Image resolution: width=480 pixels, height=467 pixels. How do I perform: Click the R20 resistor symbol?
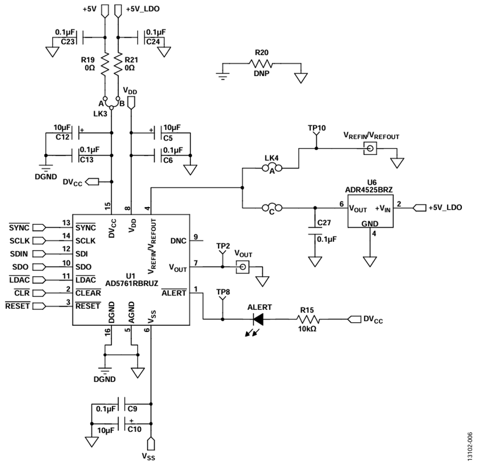click(x=261, y=63)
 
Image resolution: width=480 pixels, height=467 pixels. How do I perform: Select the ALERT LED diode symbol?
click(x=258, y=319)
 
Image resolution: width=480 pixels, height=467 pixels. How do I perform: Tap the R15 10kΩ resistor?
click(x=308, y=319)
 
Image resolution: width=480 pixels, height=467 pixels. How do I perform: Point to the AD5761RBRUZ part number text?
click(x=132, y=284)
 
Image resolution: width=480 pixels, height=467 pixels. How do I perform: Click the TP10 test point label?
click(x=317, y=128)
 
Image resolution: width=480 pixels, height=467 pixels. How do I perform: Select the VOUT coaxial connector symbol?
click(x=243, y=267)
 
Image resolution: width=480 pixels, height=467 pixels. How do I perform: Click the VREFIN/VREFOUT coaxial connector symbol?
click(x=370, y=149)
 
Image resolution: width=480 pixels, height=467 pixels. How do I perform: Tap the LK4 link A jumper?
click(x=272, y=168)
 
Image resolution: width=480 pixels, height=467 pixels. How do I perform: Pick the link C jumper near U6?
click(x=272, y=208)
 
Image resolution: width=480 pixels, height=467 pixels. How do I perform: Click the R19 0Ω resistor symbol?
click(x=105, y=64)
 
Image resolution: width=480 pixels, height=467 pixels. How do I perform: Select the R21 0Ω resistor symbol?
click(x=118, y=64)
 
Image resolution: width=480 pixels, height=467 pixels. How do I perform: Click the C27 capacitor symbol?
click(x=315, y=231)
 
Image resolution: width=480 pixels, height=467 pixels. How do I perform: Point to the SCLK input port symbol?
click(x=39, y=241)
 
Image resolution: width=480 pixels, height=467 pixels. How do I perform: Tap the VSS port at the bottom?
click(x=151, y=444)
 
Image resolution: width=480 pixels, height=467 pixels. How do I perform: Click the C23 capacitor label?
click(x=68, y=42)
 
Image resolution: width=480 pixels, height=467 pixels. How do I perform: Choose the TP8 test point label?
click(x=223, y=292)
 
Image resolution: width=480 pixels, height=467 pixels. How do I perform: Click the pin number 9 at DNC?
click(x=196, y=236)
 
